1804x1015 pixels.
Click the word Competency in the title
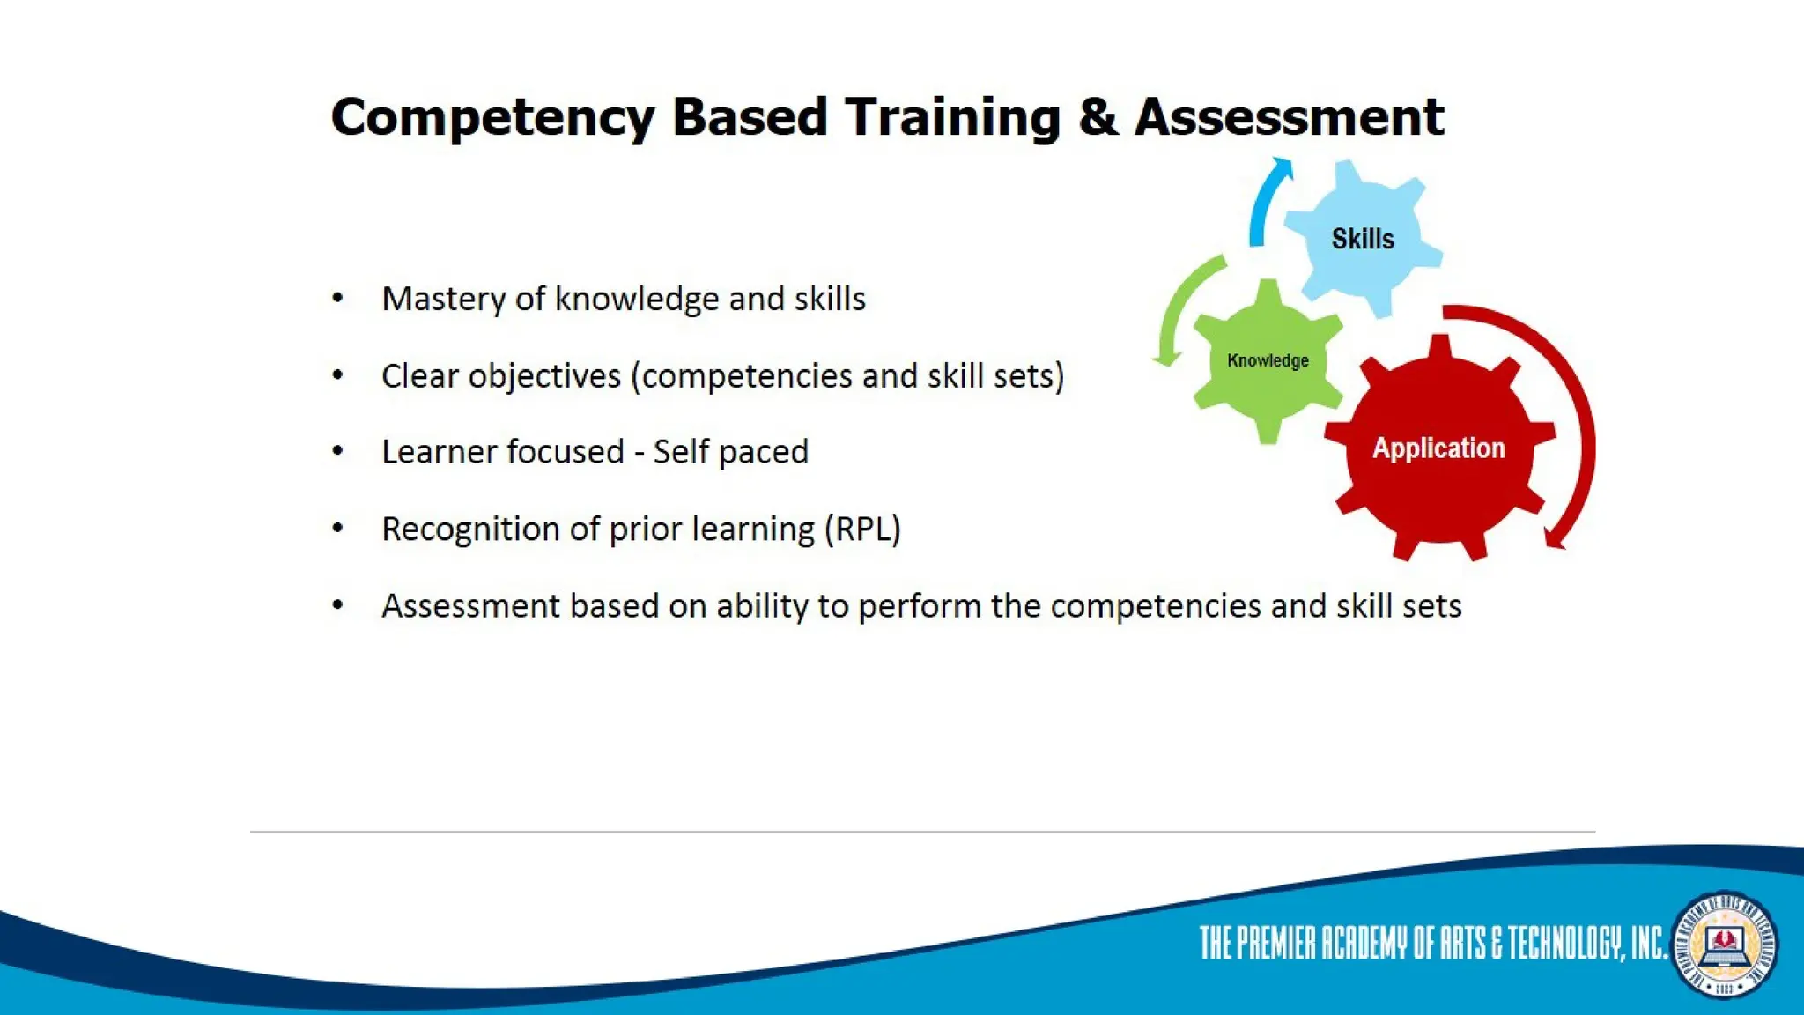click(x=492, y=118)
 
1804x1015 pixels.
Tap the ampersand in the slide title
click(x=1098, y=116)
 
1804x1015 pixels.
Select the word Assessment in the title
click(x=1290, y=116)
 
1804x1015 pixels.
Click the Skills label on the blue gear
click(x=1363, y=239)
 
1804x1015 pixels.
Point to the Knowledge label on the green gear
click(x=1268, y=360)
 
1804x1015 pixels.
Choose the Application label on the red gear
click(x=1438, y=448)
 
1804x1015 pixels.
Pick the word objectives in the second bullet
click(x=544, y=376)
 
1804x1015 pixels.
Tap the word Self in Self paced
click(x=681, y=452)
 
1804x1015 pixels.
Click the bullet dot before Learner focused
click(x=337, y=451)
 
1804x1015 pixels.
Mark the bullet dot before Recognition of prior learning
click(x=337, y=528)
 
